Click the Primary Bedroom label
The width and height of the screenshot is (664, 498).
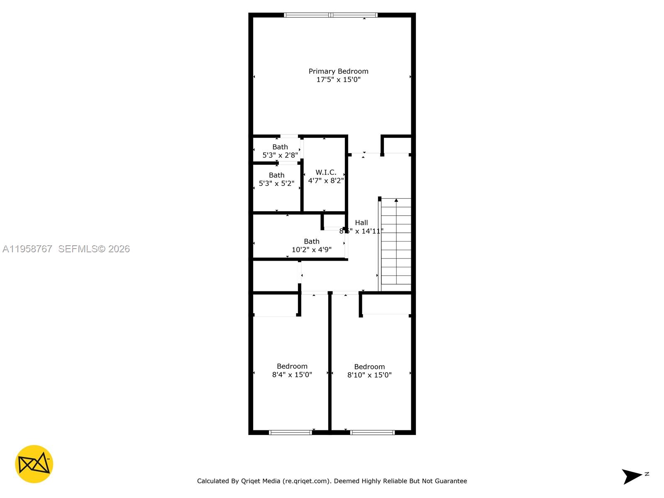point(338,71)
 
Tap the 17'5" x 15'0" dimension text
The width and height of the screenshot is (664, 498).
point(338,80)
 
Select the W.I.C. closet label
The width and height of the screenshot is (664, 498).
point(326,172)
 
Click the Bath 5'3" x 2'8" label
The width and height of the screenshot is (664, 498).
point(280,147)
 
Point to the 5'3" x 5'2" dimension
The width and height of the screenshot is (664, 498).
point(276,183)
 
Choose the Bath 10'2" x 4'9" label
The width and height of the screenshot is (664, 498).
point(312,242)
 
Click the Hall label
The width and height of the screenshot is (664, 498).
point(361,223)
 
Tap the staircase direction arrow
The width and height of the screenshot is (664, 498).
point(396,201)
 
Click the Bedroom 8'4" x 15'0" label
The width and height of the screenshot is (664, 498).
point(292,366)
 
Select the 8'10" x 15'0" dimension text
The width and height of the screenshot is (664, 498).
point(369,375)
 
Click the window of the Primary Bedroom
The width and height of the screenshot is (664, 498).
point(331,15)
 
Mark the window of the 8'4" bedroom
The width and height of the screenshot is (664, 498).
point(290,432)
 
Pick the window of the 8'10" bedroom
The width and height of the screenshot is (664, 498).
point(372,432)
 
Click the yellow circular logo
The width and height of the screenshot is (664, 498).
point(34,464)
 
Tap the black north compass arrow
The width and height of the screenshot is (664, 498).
point(632,476)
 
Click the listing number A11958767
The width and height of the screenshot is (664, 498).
point(27,249)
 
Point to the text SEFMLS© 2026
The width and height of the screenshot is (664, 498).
point(94,249)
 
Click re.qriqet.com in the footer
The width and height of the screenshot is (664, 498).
point(306,481)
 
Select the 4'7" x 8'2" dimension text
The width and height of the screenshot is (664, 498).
point(326,181)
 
